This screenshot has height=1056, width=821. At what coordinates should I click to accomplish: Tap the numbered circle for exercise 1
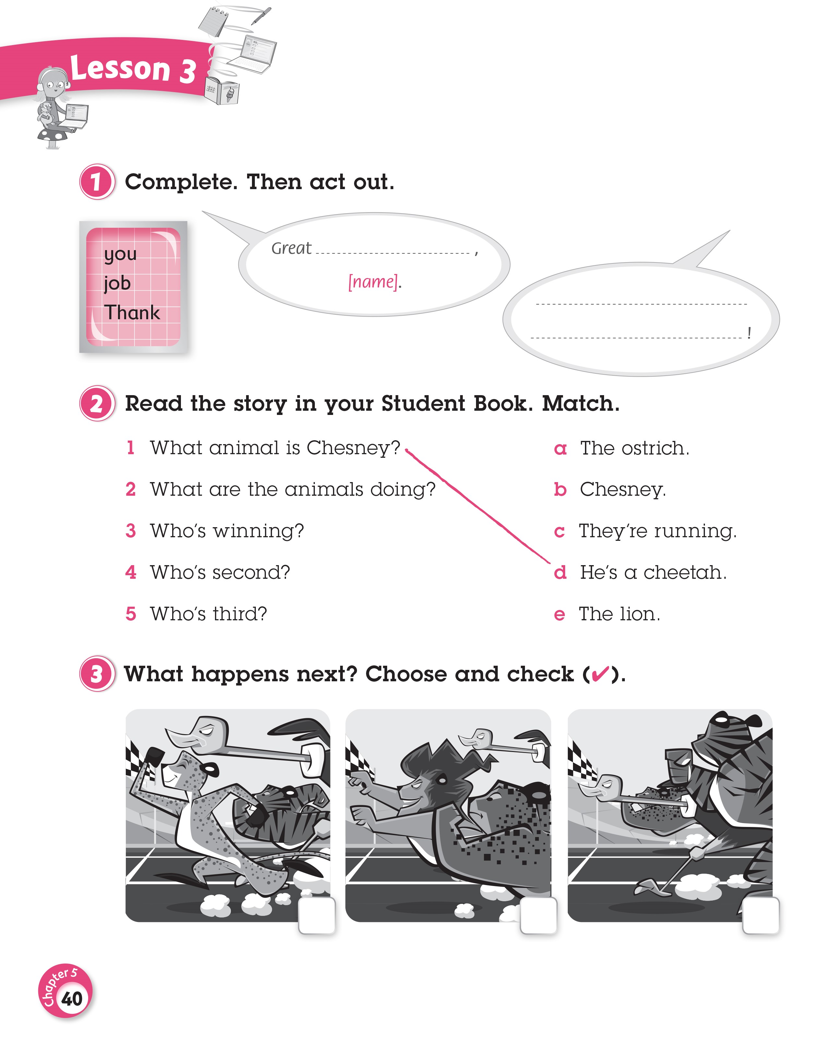click(x=97, y=182)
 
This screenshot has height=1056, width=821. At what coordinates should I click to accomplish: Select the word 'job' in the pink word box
click(x=117, y=283)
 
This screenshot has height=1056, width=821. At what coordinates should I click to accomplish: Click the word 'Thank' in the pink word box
click(x=132, y=312)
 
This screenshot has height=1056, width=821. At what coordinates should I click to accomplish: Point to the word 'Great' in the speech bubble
click(x=292, y=248)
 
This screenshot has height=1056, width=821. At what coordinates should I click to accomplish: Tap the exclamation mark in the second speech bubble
click(x=748, y=333)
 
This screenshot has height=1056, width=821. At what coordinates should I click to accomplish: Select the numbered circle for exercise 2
click(x=97, y=403)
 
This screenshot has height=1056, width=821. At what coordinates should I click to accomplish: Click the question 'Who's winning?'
click(x=227, y=531)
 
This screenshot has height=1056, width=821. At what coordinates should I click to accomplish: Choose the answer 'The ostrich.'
click(x=635, y=448)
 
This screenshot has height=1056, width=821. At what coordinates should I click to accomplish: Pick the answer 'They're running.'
click(x=658, y=531)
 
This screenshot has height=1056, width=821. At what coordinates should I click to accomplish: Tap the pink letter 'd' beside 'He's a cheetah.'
click(x=560, y=573)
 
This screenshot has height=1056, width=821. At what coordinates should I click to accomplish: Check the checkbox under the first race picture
click(x=317, y=915)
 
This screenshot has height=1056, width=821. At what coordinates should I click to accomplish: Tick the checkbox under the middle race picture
click(x=538, y=915)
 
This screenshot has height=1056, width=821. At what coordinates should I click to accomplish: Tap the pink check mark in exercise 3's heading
click(x=600, y=674)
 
